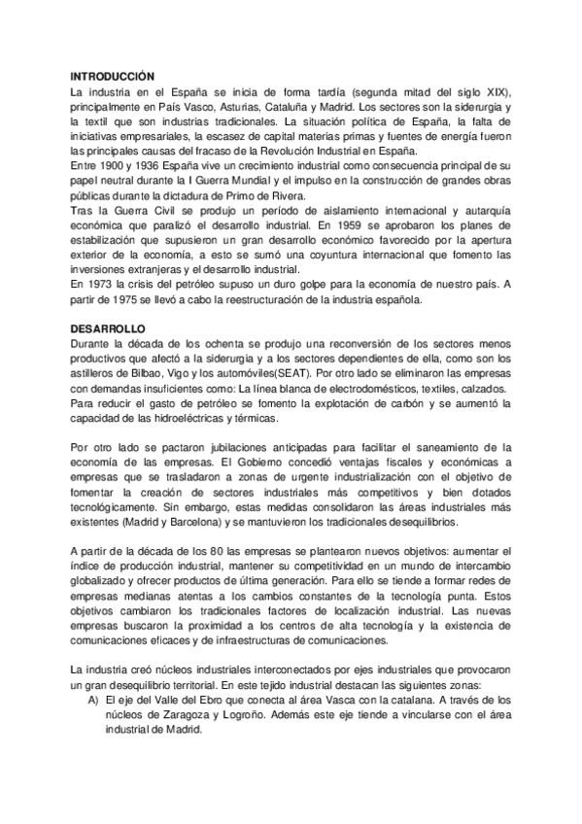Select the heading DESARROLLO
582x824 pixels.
point(107,328)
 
